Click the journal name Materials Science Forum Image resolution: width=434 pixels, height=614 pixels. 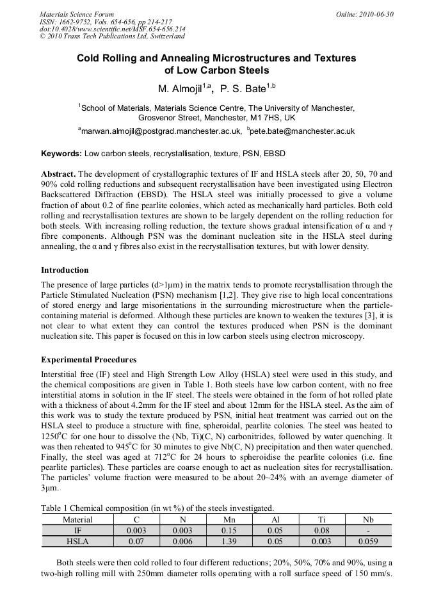coord(77,14)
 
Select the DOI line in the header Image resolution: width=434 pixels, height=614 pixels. coord(113,29)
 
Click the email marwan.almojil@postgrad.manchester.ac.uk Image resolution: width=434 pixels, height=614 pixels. coord(160,131)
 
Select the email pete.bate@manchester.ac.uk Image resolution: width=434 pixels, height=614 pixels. coord(303,131)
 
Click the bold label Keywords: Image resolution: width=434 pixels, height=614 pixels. coord(61,154)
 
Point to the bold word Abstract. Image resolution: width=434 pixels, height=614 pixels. coord(58,174)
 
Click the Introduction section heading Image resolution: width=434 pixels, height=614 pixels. coord(65,270)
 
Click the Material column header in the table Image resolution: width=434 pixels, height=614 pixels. coord(77,520)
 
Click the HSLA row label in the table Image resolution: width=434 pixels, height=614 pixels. coord(77,541)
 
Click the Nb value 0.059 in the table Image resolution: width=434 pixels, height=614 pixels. coord(368,541)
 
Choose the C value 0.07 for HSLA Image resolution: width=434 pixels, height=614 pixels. coord(136,541)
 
